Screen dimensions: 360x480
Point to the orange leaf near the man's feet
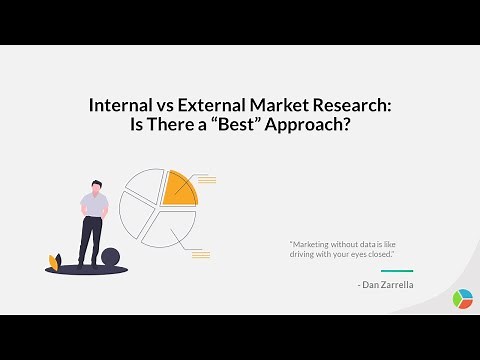tap(55, 261)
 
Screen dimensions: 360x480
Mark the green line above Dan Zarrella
tap(396, 271)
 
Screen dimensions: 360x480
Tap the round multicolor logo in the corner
tap(462, 298)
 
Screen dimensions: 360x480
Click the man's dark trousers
tap(91, 237)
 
